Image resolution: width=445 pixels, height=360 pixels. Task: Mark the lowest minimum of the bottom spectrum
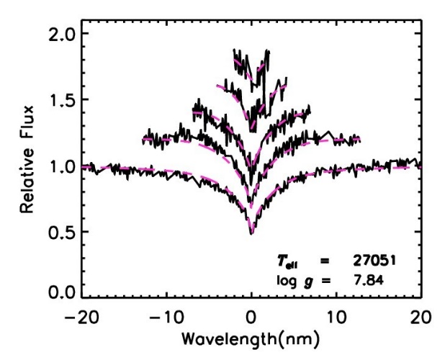pyautogui.click(x=251, y=233)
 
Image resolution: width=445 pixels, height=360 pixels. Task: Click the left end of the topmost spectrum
pyautogui.click(x=234, y=50)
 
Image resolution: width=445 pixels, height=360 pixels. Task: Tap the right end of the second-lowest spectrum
pyautogui.click(x=359, y=138)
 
